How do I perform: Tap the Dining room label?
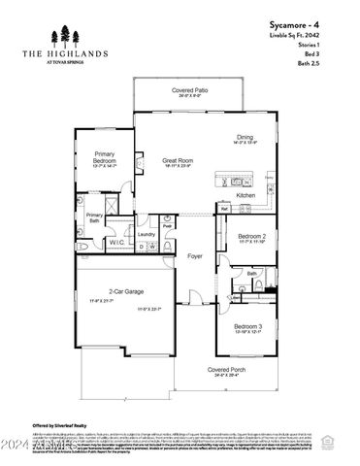click(x=245, y=137)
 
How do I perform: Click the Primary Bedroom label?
click(x=105, y=158)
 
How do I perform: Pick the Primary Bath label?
click(x=94, y=218)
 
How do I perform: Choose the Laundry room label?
click(x=147, y=234)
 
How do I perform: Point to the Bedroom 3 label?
click(x=247, y=326)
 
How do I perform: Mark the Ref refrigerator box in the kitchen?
click(x=224, y=208)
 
